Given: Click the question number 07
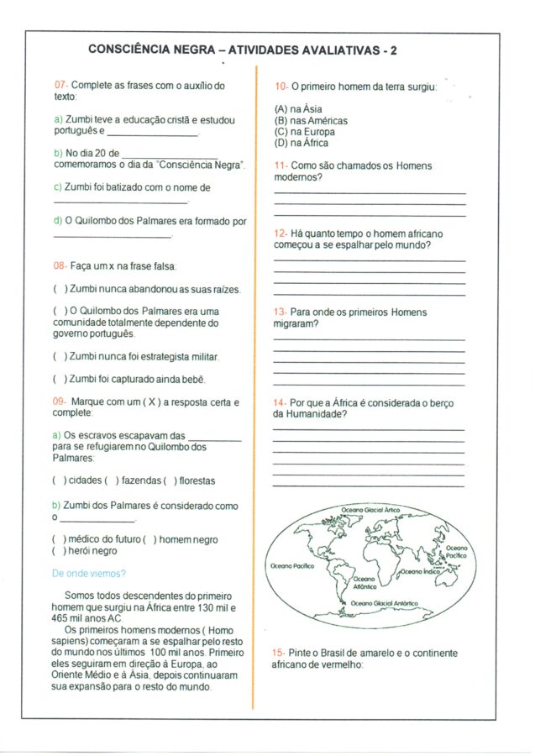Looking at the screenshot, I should point(60,86).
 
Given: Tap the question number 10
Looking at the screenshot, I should point(281,87).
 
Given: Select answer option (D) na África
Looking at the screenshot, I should point(302,144).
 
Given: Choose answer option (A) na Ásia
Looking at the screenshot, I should point(298,109).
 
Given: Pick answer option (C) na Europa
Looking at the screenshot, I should point(304,132).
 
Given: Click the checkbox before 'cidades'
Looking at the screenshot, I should point(60,480).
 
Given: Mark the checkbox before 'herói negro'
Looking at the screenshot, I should point(60,551).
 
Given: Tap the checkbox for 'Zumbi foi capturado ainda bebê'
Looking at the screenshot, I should point(60,379).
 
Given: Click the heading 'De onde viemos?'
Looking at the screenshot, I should point(89,574).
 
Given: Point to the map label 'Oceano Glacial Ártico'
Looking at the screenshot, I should point(370,510).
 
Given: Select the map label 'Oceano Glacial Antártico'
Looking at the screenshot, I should point(384,603).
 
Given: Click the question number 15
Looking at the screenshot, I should point(280,652).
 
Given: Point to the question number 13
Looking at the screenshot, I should point(281,312).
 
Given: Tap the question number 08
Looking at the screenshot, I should point(60,266).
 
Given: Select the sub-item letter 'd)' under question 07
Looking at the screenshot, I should point(58,222).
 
